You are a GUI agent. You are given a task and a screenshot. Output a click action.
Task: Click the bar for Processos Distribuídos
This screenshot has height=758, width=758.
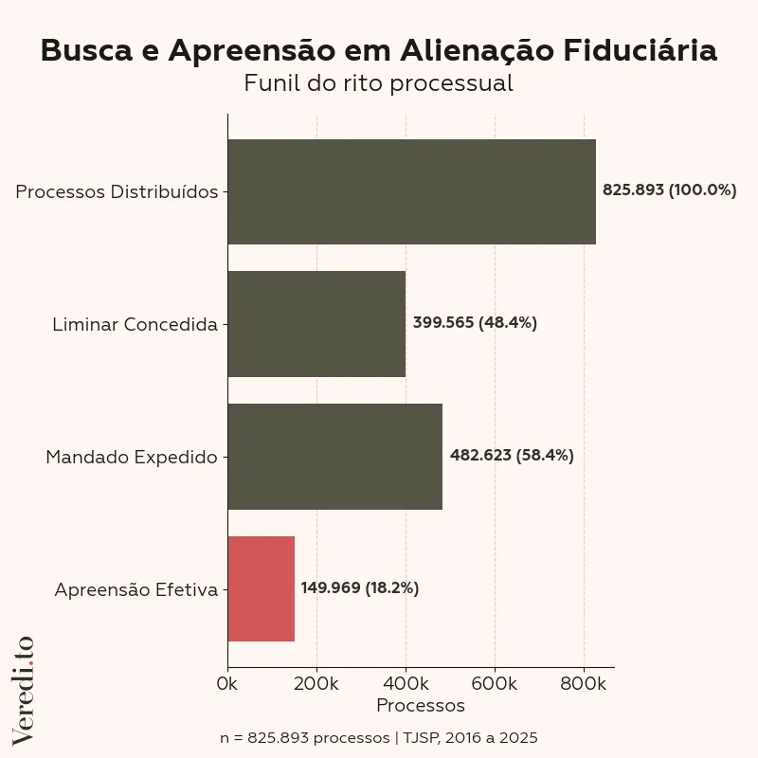coord(411,191)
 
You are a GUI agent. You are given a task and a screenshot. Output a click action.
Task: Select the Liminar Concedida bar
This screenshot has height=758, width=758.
coord(316,324)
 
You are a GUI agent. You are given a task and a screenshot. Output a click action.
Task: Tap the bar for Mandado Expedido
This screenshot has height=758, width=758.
coord(334,457)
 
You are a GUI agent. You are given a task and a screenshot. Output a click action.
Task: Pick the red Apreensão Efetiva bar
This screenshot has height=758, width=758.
coord(262,588)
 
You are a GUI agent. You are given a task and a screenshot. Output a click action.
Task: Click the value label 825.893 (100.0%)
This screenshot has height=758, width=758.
coord(669,190)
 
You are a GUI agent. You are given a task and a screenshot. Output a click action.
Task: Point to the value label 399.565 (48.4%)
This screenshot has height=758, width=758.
coord(475,323)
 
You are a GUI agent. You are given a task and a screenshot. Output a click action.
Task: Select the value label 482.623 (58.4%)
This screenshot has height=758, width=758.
coord(512,456)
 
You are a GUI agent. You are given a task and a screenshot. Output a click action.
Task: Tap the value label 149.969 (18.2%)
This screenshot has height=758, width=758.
coord(360,588)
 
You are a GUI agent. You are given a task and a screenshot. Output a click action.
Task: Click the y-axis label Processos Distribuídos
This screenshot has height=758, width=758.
coord(117,191)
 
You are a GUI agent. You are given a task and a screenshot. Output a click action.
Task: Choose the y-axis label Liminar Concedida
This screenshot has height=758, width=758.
coord(135,324)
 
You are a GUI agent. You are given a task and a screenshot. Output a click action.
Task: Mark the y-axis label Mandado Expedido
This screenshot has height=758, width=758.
coord(132,457)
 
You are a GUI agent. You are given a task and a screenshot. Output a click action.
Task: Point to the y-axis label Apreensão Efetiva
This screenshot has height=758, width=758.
coord(135,589)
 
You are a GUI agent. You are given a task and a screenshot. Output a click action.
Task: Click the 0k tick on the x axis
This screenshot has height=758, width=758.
coord(227,683)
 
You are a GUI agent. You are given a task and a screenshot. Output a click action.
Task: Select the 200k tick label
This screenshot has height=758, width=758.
coord(316,683)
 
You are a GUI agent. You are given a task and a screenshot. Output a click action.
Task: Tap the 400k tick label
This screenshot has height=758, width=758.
coord(406,683)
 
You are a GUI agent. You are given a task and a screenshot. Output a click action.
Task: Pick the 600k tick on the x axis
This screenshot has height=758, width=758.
coord(495,683)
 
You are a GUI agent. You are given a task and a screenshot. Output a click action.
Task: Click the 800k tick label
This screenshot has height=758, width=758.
coord(584,683)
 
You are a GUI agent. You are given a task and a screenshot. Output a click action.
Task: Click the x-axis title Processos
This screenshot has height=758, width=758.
coord(421,706)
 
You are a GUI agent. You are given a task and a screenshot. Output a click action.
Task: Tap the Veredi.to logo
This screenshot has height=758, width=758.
coord(24,690)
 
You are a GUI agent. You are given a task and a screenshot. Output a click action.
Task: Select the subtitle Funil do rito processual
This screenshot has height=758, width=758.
coord(378,83)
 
